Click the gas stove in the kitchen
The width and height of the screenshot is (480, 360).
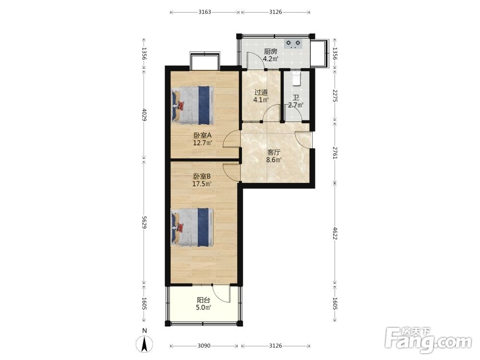point(293,44)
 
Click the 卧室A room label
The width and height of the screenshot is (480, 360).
point(203,135)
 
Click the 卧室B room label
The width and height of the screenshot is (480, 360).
point(202,177)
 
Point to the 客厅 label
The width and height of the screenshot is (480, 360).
point(274,152)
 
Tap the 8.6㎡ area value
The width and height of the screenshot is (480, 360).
point(274,160)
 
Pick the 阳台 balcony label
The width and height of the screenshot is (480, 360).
point(203,300)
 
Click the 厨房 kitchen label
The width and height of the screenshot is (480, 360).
point(271,51)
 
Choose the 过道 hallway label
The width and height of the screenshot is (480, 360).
point(261,92)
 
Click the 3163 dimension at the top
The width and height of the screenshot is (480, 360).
point(204,12)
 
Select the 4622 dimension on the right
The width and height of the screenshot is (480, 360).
point(335,233)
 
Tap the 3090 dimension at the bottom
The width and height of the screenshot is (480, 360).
point(204,346)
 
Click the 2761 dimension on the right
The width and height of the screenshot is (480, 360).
point(335,153)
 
